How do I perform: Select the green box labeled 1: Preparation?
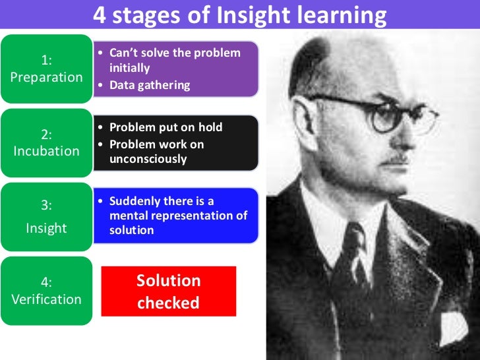(46, 69)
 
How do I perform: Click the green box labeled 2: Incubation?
(46, 142)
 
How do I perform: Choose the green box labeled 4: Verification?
(46, 291)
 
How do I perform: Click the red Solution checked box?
(168, 291)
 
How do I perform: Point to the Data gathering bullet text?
(150, 84)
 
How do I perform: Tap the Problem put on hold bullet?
(165, 127)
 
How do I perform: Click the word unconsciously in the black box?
(148, 159)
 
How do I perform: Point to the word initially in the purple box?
(130, 68)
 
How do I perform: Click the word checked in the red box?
(168, 303)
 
